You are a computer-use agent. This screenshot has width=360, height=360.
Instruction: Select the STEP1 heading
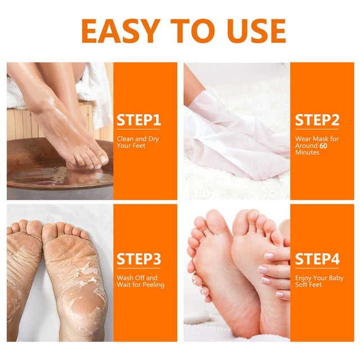pyautogui.click(x=139, y=120)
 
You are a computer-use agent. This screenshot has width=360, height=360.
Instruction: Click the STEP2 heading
pyautogui.click(x=317, y=120)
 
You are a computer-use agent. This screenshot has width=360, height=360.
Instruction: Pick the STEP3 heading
pyautogui.click(x=139, y=259)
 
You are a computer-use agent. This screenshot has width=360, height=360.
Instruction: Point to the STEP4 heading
pyautogui.click(x=317, y=259)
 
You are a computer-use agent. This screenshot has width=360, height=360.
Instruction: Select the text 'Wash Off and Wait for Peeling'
pyautogui.click(x=141, y=281)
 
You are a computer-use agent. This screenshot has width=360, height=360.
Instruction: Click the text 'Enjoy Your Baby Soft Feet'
pyautogui.click(x=319, y=281)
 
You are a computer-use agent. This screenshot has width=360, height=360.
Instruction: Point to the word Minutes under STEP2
pyautogui.click(x=307, y=152)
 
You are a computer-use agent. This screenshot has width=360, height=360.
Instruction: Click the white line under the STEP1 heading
pyautogui.click(x=139, y=130)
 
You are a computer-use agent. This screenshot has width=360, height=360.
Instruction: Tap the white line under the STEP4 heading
pyautogui.click(x=317, y=270)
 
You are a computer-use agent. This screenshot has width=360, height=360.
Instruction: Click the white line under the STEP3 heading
pyautogui.click(x=139, y=270)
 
